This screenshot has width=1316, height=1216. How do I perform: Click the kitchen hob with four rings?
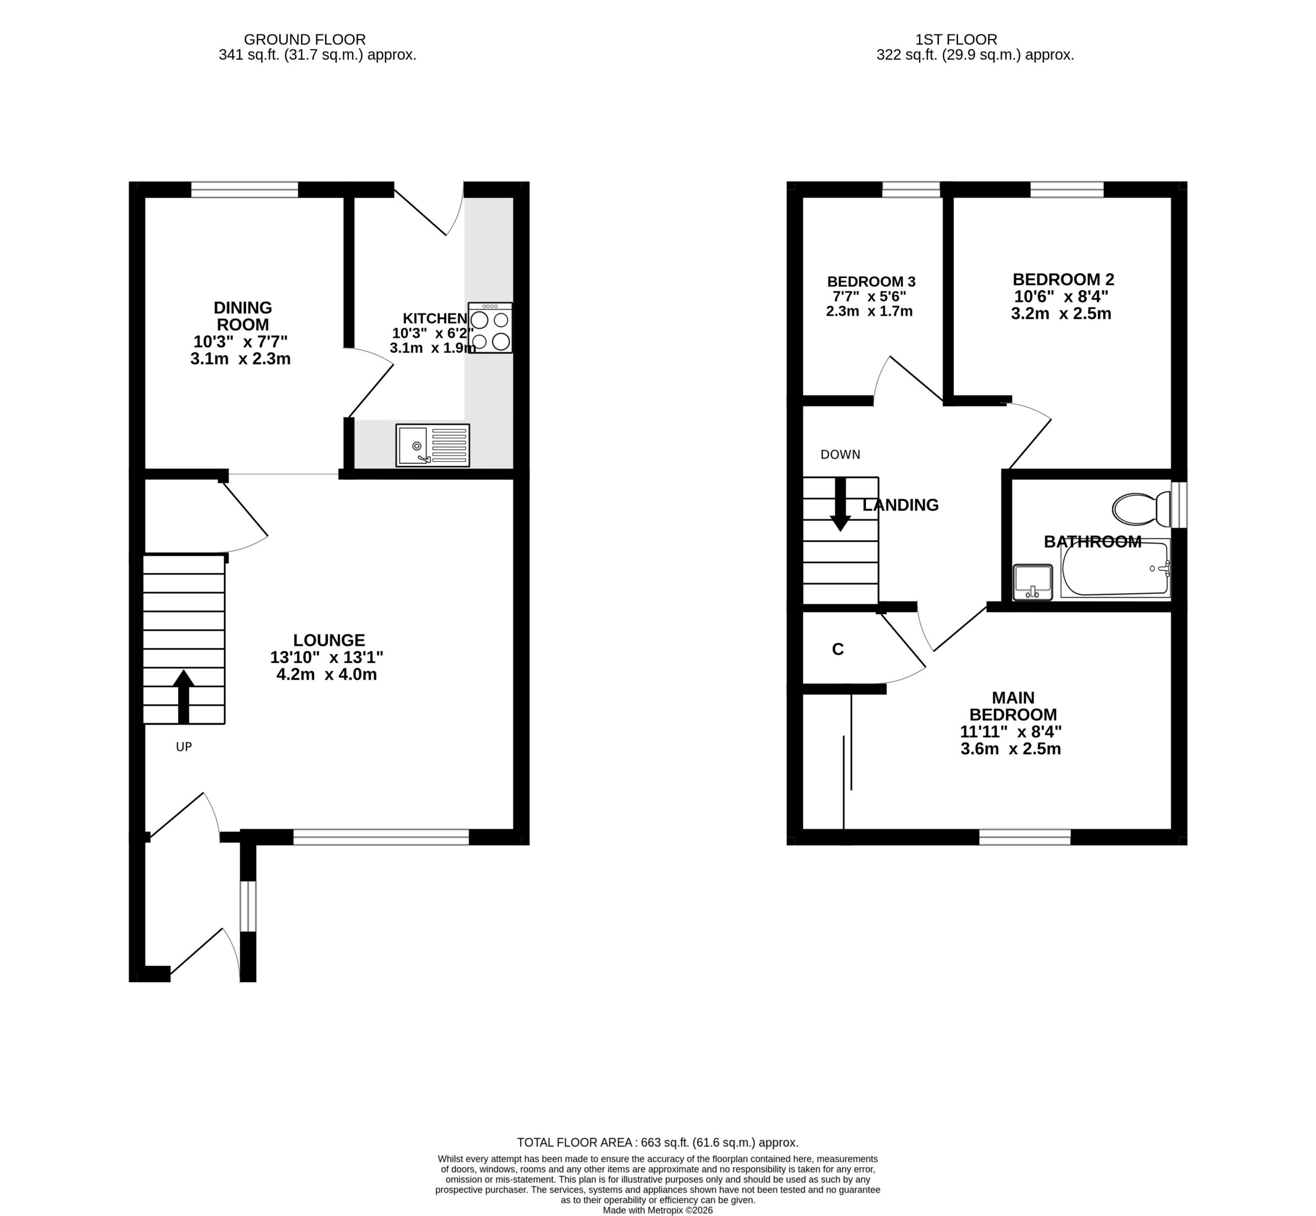click(x=490, y=328)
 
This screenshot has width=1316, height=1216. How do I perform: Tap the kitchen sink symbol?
click(x=433, y=445)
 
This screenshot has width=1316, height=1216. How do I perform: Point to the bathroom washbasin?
click(x=1033, y=582)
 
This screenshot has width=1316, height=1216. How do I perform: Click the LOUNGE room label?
click(x=329, y=640)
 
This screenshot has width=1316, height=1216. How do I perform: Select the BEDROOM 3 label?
click(x=871, y=282)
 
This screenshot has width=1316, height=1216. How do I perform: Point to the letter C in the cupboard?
click(x=837, y=649)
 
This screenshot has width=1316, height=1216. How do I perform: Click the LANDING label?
click(x=900, y=505)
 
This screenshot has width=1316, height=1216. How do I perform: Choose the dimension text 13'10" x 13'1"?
click(x=326, y=657)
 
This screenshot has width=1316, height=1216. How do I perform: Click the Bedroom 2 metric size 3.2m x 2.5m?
click(x=1061, y=313)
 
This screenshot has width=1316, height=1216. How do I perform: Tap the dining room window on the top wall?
click(x=245, y=190)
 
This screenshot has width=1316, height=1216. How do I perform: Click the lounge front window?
click(x=381, y=837)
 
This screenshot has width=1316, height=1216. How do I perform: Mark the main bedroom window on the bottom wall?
click(x=1025, y=837)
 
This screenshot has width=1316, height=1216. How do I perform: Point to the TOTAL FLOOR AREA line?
click(x=657, y=1142)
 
